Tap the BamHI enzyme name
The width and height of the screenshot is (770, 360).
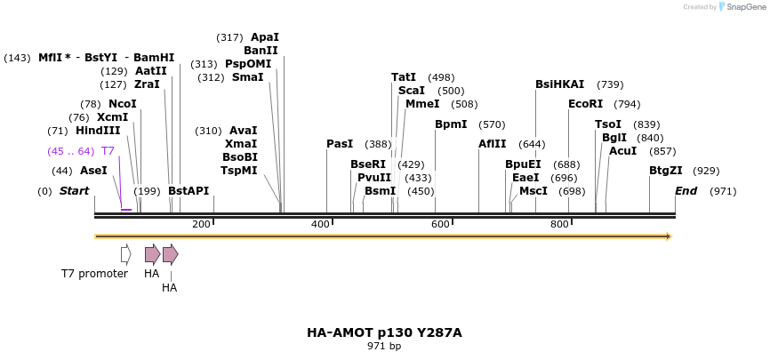point(154,58)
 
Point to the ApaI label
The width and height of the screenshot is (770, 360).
point(264,37)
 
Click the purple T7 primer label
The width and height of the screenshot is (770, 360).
point(108,151)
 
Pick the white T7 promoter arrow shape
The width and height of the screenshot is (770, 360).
point(126,254)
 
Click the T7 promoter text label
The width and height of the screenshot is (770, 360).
point(94,274)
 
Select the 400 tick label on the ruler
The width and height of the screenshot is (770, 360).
point(321,224)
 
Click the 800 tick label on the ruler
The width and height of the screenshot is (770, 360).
point(559,224)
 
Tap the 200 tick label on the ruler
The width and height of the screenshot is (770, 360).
point(201,224)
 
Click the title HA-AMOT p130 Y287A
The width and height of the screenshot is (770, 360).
point(384,332)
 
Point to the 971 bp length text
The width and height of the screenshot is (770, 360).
point(384,346)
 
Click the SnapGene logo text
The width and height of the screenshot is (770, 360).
point(742,7)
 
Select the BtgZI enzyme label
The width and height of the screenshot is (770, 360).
point(665,171)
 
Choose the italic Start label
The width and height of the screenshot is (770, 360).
point(75,191)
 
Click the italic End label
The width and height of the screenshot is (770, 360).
point(686,191)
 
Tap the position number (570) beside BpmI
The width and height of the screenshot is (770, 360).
point(492,124)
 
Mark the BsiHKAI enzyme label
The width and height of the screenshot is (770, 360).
point(559,84)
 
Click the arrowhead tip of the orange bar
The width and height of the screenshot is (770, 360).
point(669,236)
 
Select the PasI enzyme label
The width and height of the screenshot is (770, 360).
point(340,144)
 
